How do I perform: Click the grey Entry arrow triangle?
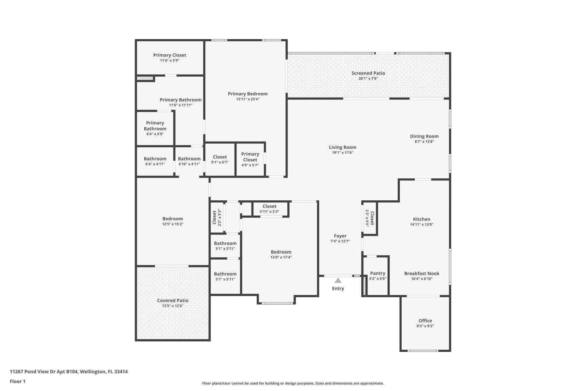point(338,281)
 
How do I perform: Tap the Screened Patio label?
point(368,73)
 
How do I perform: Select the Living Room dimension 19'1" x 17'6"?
point(342,152)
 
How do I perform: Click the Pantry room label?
point(378,273)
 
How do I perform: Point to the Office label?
point(425,321)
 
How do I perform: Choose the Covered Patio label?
point(172,301)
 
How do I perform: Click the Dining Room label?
point(424,136)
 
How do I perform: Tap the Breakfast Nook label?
point(421,274)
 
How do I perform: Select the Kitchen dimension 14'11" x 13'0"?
point(421,225)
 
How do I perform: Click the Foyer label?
point(340,236)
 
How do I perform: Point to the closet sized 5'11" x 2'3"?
point(269,209)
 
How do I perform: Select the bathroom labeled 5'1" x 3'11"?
point(225,245)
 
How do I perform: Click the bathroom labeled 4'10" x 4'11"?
point(189,161)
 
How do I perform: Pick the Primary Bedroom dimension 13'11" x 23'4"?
point(248,99)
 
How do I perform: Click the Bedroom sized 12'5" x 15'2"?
point(172,221)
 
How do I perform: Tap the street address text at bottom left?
point(69,372)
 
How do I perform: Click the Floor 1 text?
point(17,381)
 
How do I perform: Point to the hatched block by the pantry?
point(364,286)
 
